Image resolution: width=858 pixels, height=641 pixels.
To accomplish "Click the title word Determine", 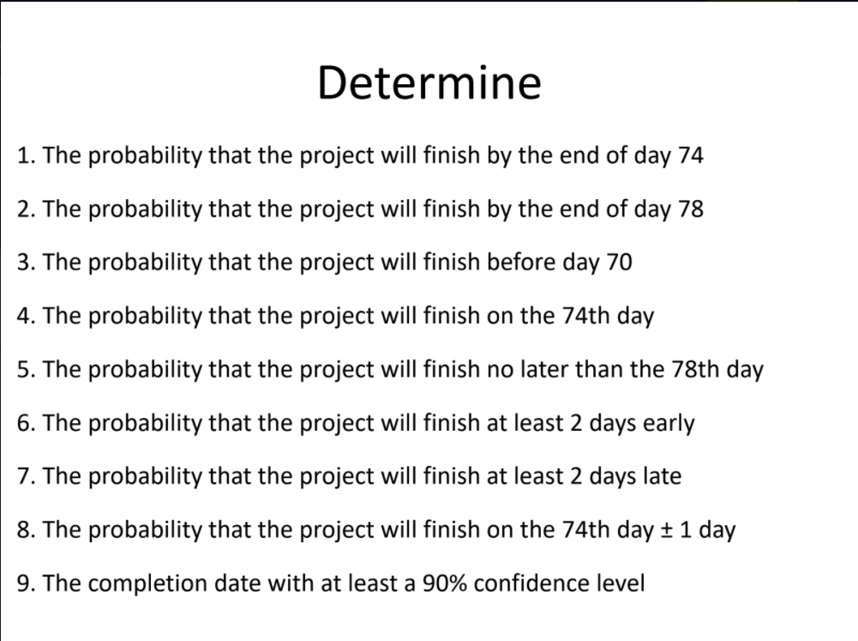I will [x=429, y=83].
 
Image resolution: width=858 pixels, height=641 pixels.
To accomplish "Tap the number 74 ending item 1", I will [x=690, y=155].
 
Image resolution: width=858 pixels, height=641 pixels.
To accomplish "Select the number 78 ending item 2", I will [x=690, y=209].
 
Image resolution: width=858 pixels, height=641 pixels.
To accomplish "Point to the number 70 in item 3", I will [x=618, y=262].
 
